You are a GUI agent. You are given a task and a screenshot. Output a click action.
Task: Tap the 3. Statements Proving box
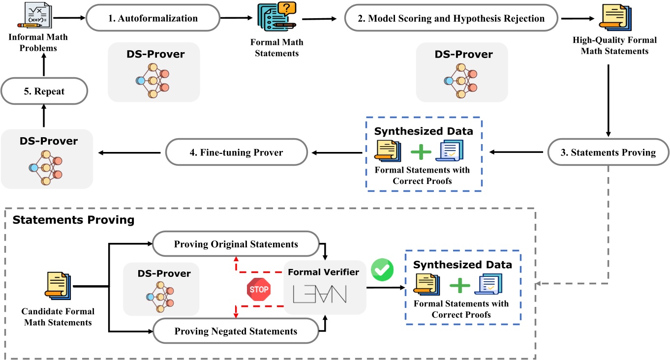tap(609, 152)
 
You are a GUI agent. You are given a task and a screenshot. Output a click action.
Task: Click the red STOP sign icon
tap(259, 289)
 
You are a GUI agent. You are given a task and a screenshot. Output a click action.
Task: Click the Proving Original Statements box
tap(236, 244)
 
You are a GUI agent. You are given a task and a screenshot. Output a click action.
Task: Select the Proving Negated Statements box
tap(236, 330)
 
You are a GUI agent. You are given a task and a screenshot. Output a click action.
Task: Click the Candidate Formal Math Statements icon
tap(58, 288)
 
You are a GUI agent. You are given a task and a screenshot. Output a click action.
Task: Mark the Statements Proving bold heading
tap(73, 220)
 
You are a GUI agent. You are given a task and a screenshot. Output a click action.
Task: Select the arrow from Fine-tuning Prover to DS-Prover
tap(130, 152)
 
